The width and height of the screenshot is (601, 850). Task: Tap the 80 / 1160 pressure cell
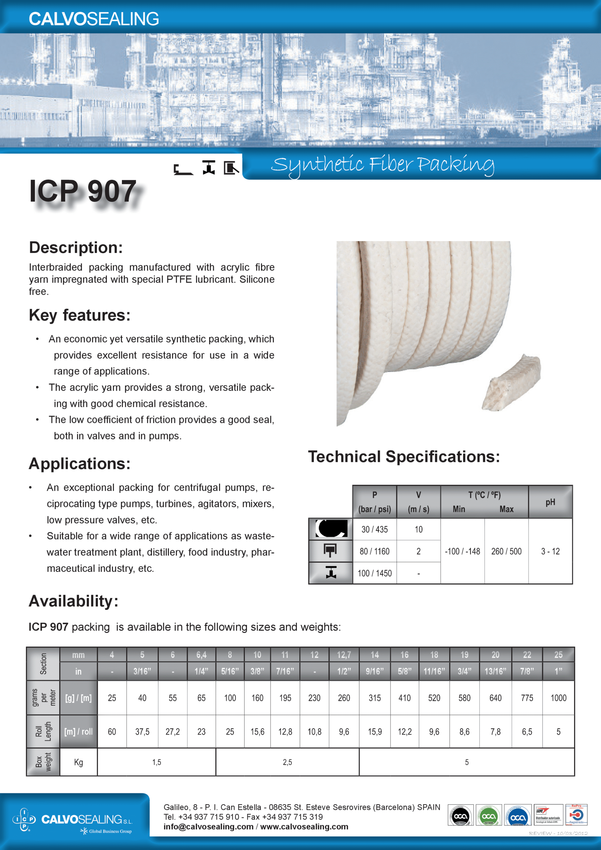tap(374, 551)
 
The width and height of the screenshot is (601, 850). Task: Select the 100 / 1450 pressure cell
tap(374, 573)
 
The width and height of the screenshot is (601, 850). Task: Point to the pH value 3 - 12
tap(550, 551)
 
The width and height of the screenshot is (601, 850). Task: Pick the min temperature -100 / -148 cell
tap(462, 551)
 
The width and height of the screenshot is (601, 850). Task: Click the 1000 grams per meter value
tap(558, 698)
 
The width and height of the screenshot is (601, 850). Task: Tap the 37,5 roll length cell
tap(142, 731)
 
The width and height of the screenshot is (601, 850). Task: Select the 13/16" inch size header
tap(495, 671)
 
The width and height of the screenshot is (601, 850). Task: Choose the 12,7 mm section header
tap(344, 655)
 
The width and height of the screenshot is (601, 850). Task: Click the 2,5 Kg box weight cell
tap(287, 762)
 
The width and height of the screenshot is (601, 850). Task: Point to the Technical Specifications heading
tap(404, 457)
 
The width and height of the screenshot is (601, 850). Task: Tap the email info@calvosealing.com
tap(209, 827)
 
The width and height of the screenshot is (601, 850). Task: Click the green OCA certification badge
tap(488, 815)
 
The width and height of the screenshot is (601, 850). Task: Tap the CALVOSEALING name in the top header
tap(94, 19)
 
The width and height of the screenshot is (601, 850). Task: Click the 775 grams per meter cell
tap(527, 698)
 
